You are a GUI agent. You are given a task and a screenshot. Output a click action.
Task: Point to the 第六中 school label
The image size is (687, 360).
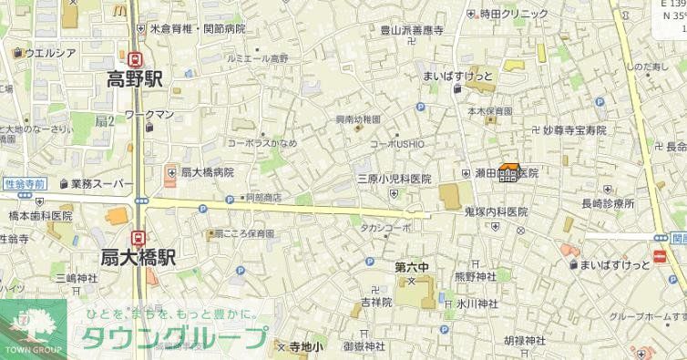pos(412,267)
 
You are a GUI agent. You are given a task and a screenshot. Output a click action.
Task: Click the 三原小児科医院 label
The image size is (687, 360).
pos(393,179)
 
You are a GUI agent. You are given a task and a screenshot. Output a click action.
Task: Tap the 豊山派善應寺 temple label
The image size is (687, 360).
pos(412,30)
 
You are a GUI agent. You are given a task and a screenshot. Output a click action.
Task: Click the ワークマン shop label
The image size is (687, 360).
pos(149,114)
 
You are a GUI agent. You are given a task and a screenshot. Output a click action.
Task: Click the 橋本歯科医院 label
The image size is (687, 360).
pos(40,216)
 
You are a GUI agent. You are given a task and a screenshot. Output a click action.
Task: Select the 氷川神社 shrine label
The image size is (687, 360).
pos(477,303)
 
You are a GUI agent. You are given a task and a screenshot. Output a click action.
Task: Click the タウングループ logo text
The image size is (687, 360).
pos(173,337)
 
